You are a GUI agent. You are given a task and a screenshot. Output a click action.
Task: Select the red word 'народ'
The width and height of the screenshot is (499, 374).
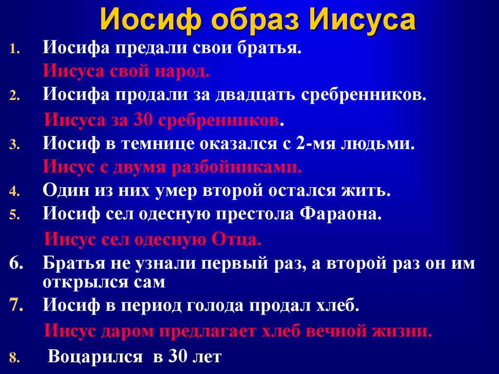182,72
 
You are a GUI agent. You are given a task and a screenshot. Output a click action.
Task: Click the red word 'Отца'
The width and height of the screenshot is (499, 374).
236,239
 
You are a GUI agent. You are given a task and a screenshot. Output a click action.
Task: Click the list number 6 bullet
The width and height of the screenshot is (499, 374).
16,263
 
